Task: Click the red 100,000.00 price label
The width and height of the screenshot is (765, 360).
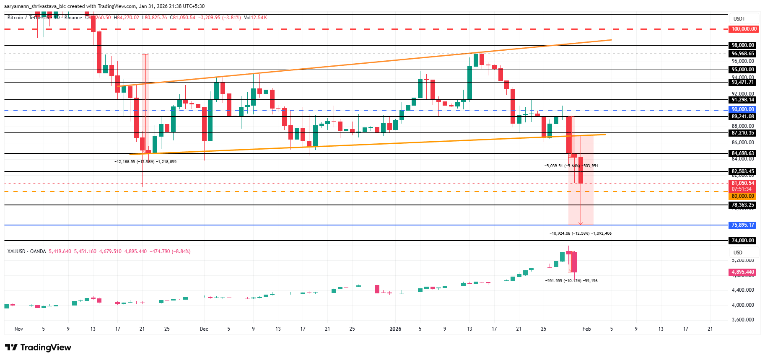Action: [744, 29]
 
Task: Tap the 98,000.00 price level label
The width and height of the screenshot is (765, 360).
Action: [742, 45]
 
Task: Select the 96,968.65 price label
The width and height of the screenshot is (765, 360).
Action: [742, 54]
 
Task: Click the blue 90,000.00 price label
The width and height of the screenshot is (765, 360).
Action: [742, 109]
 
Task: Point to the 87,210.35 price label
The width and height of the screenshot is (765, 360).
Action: [742, 133]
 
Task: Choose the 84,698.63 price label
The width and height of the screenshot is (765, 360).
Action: [742, 153]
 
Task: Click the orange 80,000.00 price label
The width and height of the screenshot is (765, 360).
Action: [742, 196]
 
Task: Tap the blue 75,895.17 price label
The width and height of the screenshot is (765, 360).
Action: [742, 225]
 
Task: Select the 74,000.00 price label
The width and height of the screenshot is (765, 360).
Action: [742, 241]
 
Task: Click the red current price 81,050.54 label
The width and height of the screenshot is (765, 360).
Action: [742, 183]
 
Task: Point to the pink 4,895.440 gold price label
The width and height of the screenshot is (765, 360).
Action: [742, 272]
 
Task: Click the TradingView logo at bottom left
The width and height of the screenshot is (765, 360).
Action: [38, 347]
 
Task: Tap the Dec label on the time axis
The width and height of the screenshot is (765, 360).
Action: [204, 329]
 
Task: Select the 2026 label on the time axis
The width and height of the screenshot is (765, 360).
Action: [395, 329]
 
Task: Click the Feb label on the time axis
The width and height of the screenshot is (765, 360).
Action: [586, 329]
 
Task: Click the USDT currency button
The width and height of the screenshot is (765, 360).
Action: [739, 19]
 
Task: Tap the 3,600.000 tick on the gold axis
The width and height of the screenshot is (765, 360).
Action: [742, 320]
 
